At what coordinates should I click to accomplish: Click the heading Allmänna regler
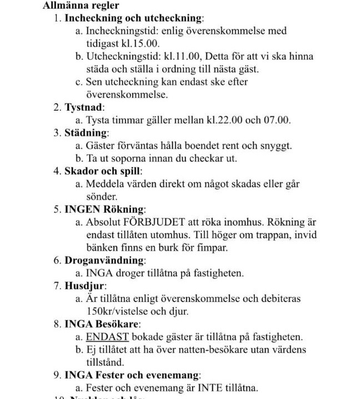81,6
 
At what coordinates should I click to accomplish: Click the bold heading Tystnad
84,108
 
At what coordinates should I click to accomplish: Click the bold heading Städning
86,133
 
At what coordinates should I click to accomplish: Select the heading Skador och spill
103,171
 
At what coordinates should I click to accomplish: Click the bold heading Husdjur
84,286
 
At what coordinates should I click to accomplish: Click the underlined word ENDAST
107,337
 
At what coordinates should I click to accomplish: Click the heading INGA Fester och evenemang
132,375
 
